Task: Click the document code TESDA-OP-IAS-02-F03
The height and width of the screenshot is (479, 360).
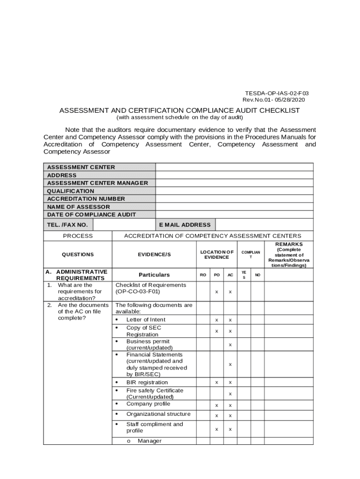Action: [277, 94]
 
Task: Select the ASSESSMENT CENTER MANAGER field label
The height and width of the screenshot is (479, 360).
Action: [97, 183]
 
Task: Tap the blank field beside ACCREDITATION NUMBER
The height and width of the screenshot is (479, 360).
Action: [234, 199]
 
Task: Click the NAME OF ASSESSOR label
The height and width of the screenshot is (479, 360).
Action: [79, 207]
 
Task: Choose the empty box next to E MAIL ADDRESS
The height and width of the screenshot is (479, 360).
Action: [264, 225]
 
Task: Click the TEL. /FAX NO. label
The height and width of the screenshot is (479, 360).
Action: [67, 225]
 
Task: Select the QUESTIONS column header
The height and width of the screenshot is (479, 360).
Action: [78, 254]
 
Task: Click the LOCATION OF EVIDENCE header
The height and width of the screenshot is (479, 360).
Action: [216, 254]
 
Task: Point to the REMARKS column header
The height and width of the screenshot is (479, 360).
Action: [288, 244]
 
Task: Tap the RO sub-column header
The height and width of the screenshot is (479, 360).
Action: [203, 275]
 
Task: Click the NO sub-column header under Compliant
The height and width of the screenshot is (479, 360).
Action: [257, 275]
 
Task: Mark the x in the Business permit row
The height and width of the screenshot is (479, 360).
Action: [230, 345]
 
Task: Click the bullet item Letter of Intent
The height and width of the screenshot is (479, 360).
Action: [145, 319]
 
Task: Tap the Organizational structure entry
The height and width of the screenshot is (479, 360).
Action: [158, 414]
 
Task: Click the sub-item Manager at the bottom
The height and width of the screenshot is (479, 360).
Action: [149, 441]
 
